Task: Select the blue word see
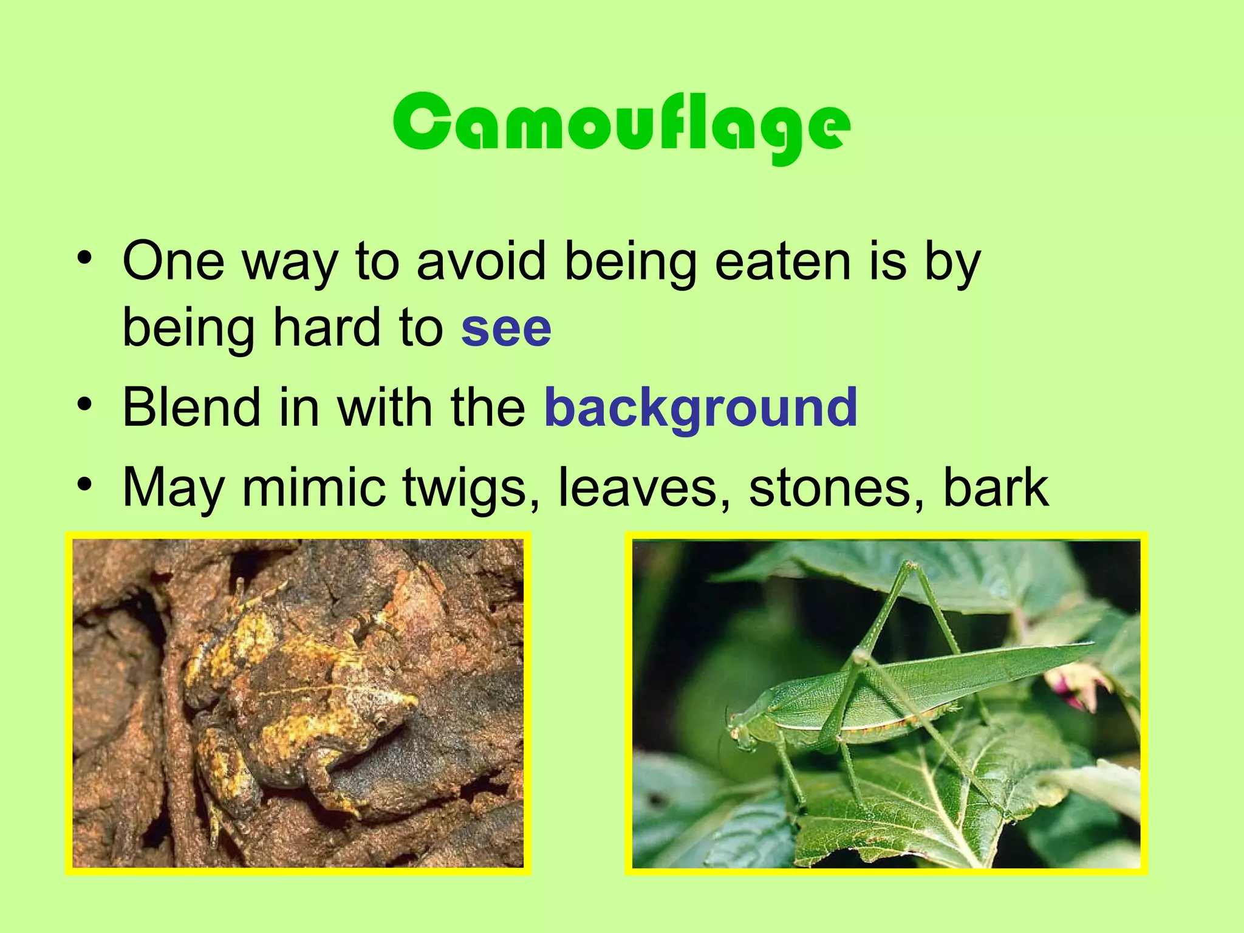506,329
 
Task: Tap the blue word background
700,408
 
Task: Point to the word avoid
482,262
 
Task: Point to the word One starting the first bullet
173,262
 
